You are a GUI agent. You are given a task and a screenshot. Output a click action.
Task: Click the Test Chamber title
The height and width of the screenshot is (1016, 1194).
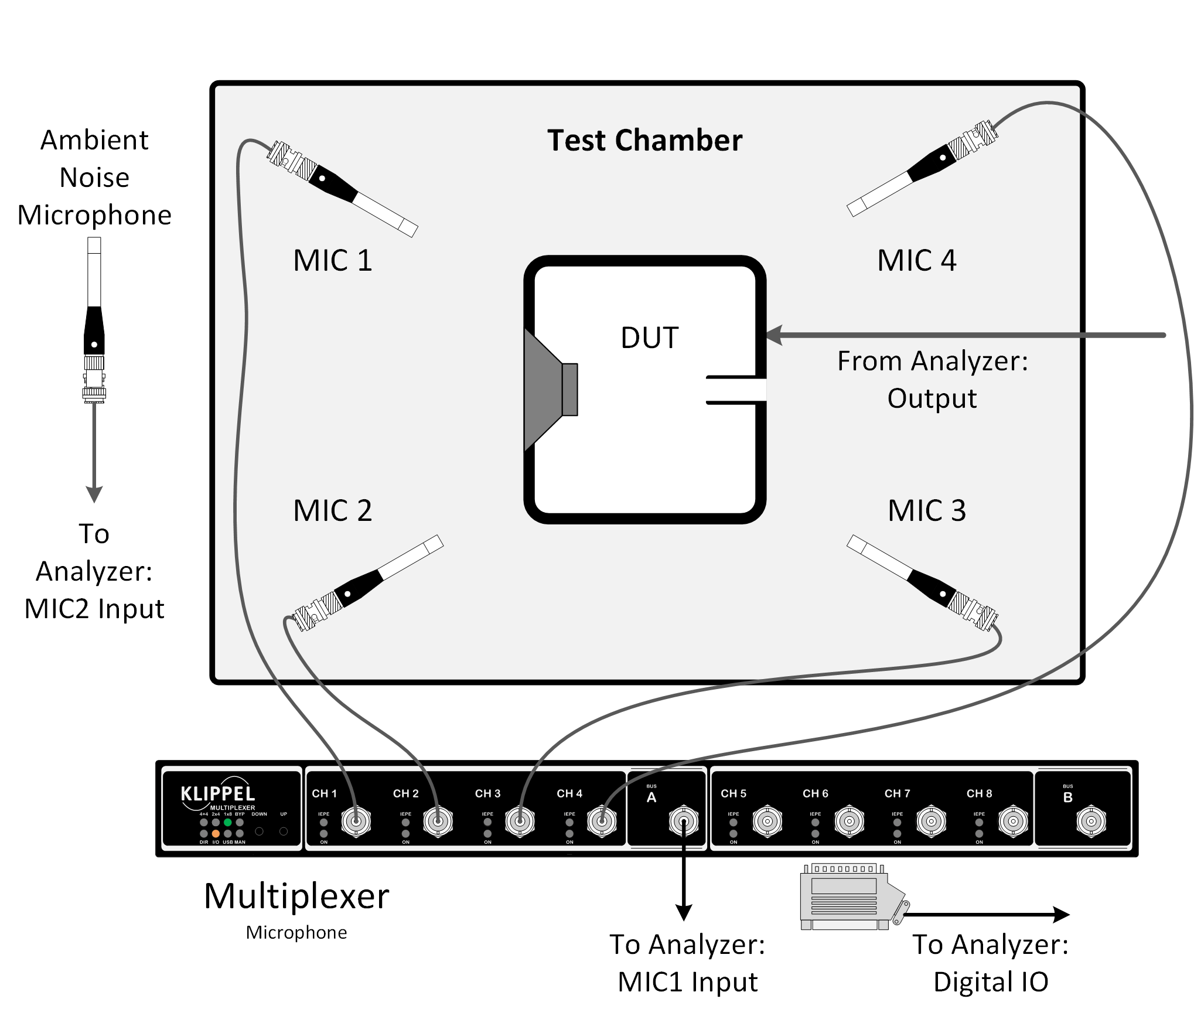[644, 141]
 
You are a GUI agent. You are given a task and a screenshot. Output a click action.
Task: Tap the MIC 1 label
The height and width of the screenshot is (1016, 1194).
[332, 261]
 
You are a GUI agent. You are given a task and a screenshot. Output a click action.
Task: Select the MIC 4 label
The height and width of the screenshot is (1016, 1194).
[916, 261]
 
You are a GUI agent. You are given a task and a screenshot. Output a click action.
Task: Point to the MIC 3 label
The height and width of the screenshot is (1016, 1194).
[926, 510]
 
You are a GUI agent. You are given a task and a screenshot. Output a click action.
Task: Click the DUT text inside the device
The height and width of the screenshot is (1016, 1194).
[649, 338]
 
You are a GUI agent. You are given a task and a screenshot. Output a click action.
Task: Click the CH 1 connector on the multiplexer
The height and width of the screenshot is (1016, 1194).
[356, 822]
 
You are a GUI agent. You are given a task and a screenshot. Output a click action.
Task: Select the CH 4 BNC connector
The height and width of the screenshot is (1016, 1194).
[602, 822]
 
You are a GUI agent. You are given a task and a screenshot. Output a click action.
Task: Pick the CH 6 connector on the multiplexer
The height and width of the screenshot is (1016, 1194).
[849, 822]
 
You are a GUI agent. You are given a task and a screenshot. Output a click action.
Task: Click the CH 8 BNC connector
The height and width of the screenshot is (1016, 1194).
[1013, 822]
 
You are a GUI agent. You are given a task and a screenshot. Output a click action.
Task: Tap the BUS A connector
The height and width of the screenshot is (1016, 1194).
[684, 822]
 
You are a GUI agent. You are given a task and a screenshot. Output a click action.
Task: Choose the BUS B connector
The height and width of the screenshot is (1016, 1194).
[1091, 822]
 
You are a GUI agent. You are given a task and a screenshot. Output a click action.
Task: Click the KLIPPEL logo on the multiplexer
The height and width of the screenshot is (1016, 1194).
[218, 794]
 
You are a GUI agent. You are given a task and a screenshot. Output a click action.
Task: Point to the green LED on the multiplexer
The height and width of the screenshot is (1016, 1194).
[228, 823]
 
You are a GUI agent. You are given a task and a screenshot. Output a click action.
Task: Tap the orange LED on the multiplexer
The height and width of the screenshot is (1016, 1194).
[216, 833]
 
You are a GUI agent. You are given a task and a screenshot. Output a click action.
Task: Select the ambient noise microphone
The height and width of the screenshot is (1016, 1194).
[94, 319]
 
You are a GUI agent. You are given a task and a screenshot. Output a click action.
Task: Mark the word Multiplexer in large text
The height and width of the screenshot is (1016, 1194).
[296, 896]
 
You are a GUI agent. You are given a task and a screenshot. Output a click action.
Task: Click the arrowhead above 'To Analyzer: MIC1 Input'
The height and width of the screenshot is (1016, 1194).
[684, 912]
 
